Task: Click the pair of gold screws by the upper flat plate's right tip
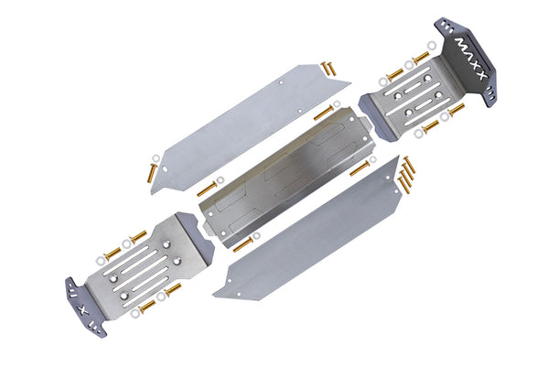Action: (327, 69)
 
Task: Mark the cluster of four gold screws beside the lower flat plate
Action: (405, 176)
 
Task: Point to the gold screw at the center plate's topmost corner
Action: (323, 113)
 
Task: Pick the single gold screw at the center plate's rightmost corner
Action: (359, 168)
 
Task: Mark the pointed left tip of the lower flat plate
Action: (215, 295)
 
